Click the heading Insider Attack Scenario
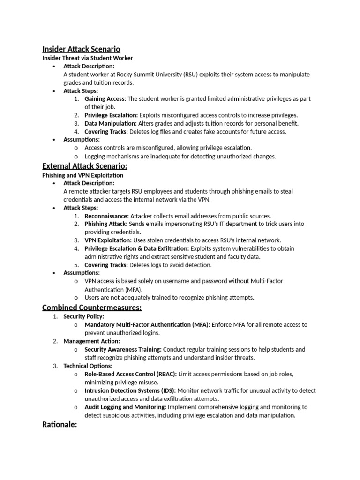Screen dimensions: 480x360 tap(81, 49)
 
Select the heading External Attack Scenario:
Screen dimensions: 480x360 tap(84, 166)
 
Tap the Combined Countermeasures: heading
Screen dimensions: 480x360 tap(92, 307)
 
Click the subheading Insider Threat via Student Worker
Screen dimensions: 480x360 tap(87, 58)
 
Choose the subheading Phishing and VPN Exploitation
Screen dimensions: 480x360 tap(83, 175)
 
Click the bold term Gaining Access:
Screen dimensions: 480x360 tap(105, 99)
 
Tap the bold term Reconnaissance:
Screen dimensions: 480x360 tap(106, 216)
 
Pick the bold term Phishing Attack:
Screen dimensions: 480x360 tap(105, 224)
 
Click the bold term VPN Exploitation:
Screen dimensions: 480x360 tap(107, 240)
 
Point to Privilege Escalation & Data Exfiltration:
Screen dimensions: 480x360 tap(137, 248)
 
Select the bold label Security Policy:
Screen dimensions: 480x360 tap(84, 316)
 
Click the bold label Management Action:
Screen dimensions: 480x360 tap(91, 341)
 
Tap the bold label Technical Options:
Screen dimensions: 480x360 tap(88, 366)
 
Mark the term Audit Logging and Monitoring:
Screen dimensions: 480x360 tap(125, 407)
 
